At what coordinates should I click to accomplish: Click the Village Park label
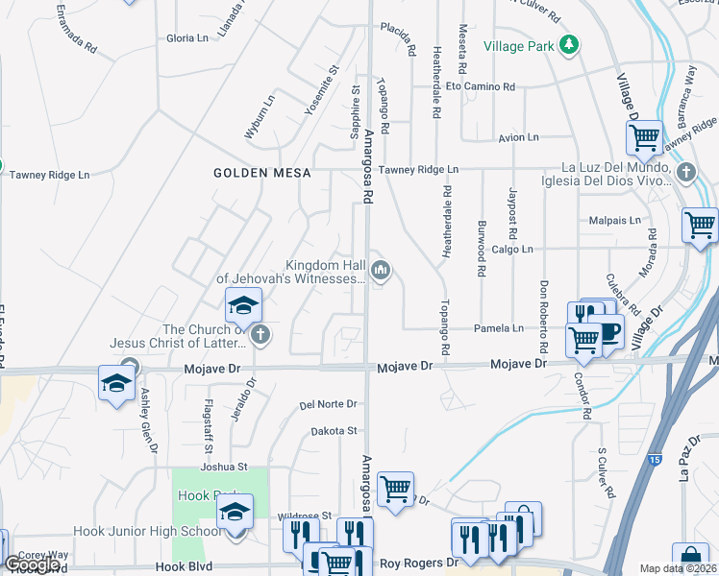pos(519,45)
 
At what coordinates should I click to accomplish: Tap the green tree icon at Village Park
pos(569,44)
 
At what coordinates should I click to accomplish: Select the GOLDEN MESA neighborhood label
pos(262,173)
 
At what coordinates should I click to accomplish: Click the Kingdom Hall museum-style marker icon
pos(382,272)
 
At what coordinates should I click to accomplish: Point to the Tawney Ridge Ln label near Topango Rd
pos(418,170)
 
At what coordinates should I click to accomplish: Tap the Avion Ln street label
pos(518,138)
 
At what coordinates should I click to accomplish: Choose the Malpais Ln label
pos(615,220)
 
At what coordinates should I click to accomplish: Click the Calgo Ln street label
pos(511,250)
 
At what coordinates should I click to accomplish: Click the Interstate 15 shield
pos(654,462)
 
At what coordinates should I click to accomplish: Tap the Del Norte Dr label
pos(328,405)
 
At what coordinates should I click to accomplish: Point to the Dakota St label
pos(334,432)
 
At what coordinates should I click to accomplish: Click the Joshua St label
pos(224,468)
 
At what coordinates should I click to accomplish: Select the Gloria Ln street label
pos(187,38)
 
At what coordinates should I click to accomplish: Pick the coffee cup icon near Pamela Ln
pos(609,332)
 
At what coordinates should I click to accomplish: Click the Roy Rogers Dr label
pos(419,564)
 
